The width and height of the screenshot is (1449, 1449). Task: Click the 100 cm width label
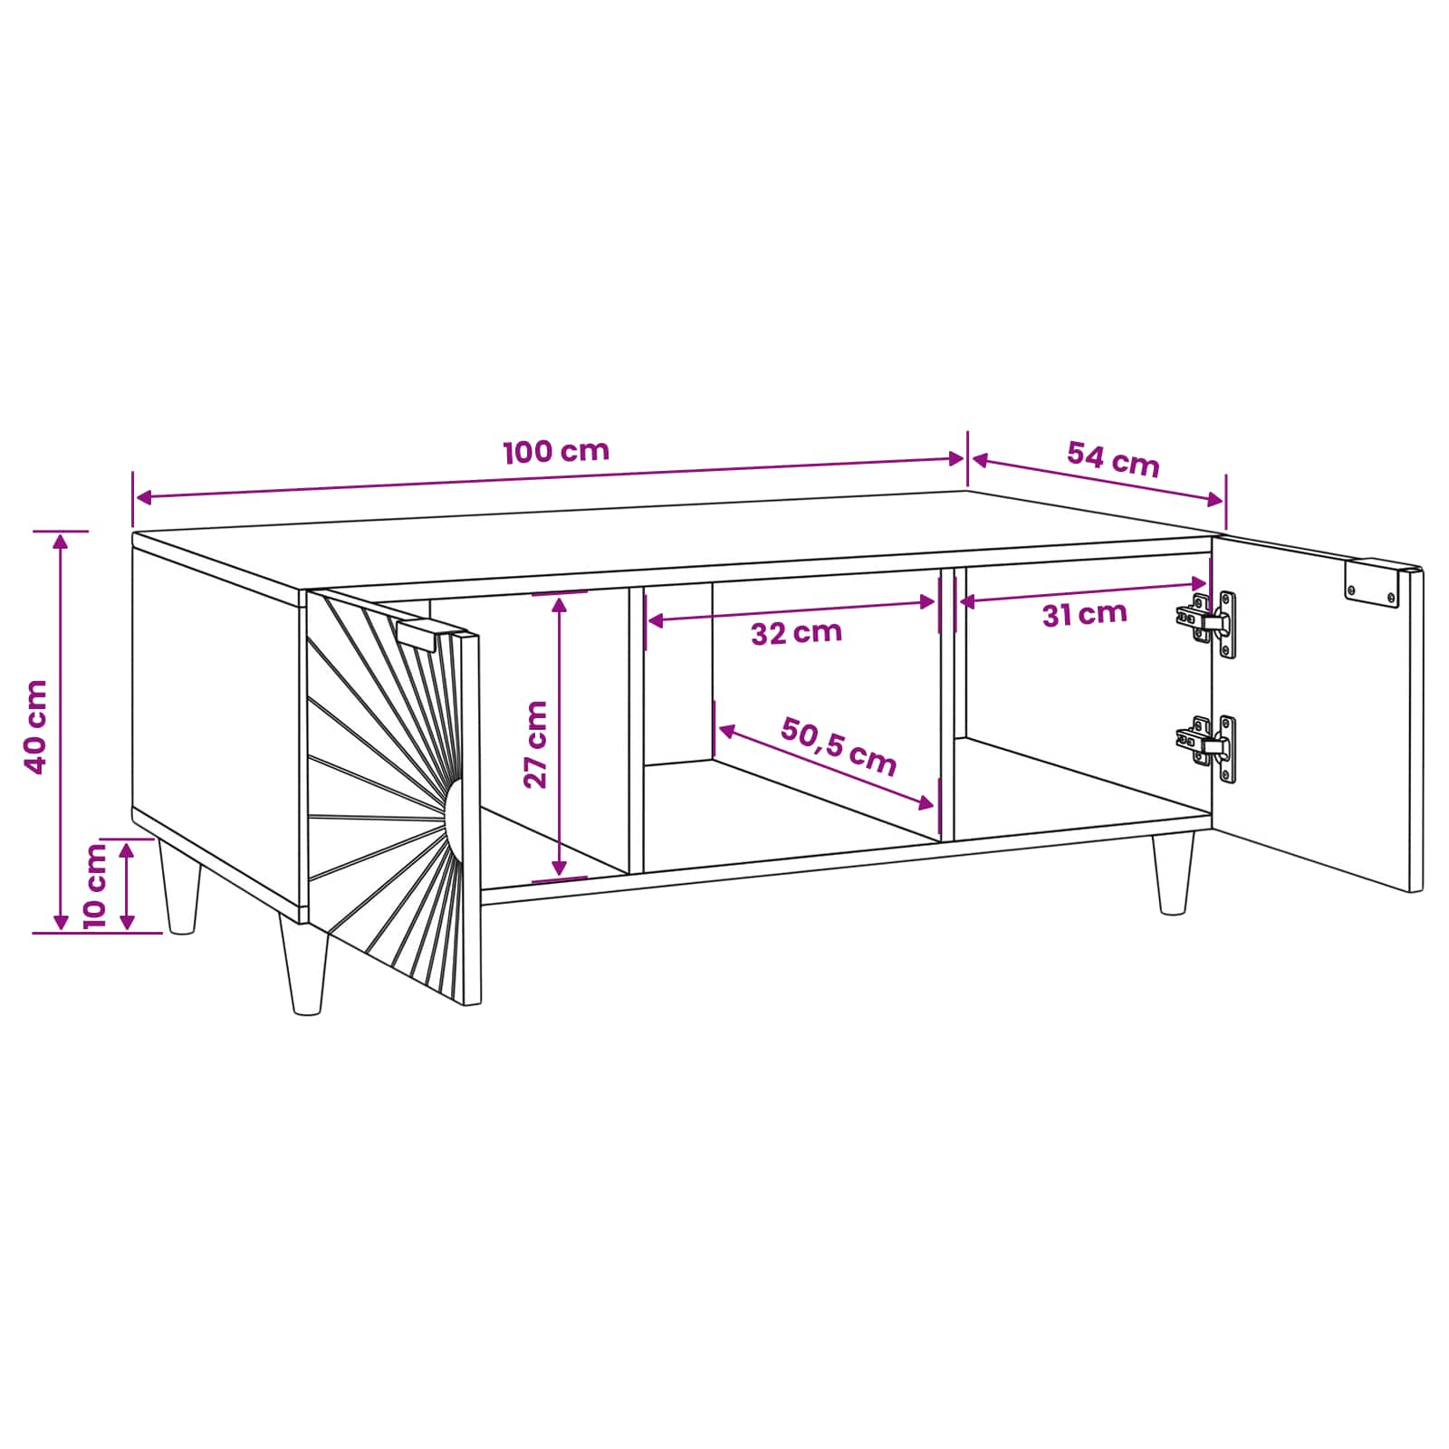click(x=556, y=451)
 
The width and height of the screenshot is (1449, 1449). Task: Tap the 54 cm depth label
click(x=1113, y=459)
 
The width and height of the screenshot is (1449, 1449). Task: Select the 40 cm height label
click(x=36, y=727)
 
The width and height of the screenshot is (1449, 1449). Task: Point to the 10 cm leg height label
click(x=95, y=885)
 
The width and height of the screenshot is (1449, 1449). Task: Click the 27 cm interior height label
click(x=536, y=744)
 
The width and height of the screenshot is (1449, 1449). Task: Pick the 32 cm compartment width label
click(x=796, y=632)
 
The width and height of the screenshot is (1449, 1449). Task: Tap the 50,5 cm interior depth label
click(x=840, y=747)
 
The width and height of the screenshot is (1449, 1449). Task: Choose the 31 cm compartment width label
click(x=1084, y=615)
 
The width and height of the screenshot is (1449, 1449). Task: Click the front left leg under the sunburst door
click(x=304, y=965)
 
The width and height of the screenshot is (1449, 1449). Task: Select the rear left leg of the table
click(x=179, y=886)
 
